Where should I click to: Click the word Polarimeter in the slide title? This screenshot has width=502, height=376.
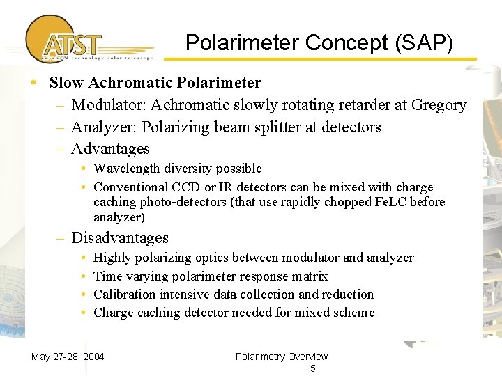click(x=230, y=44)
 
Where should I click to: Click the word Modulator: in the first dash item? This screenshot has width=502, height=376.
click(x=109, y=105)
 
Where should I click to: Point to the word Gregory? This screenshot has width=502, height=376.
click(x=439, y=105)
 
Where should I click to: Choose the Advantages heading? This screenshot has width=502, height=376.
click(x=110, y=149)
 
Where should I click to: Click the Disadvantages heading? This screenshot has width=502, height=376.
click(x=120, y=238)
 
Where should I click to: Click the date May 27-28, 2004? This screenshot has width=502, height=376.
click(x=68, y=357)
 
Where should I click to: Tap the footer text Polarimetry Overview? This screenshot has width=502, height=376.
click(x=282, y=357)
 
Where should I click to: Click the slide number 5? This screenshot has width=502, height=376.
click(x=312, y=368)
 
